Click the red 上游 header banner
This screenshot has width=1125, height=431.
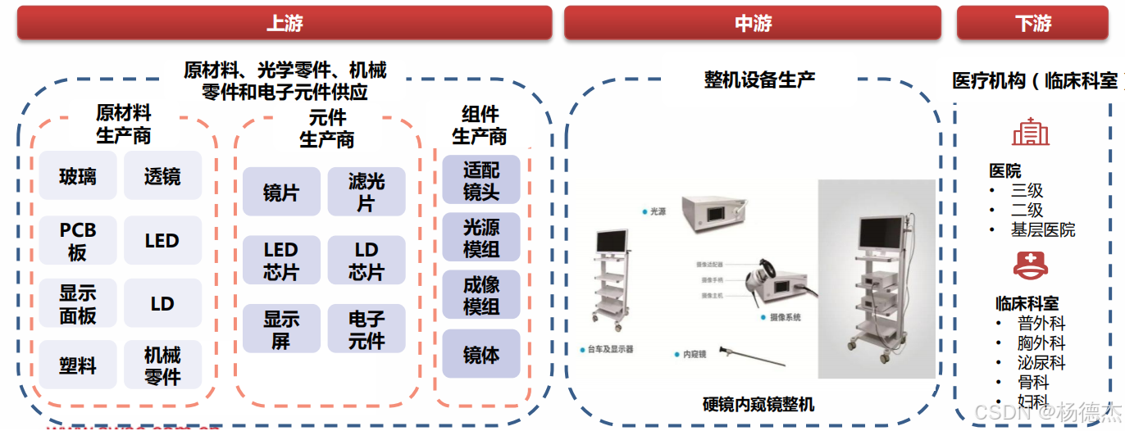click(x=285, y=23)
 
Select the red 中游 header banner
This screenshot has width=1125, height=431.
click(x=754, y=23)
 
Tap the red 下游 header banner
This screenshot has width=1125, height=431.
click(x=1032, y=23)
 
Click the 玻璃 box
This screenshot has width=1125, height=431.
click(x=78, y=176)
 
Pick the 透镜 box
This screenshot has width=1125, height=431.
click(x=162, y=176)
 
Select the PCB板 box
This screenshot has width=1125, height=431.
click(x=78, y=241)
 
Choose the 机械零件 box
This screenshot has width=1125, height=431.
click(x=162, y=366)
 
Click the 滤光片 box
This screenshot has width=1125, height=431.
click(x=366, y=192)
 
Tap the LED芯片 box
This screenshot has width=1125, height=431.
click(x=280, y=261)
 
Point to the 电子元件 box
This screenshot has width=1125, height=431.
click(x=366, y=329)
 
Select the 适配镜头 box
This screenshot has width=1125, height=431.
click(x=481, y=180)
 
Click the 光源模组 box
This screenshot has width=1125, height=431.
click(x=481, y=238)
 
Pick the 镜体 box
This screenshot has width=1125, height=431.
click(x=481, y=355)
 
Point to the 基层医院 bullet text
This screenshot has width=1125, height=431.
click(x=1042, y=230)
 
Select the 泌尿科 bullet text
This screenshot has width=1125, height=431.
click(x=1041, y=363)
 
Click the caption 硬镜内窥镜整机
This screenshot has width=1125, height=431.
click(x=758, y=404)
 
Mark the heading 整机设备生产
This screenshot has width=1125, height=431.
click(x=759, y=80)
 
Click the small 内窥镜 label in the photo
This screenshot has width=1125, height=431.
click(x=694, y=355)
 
